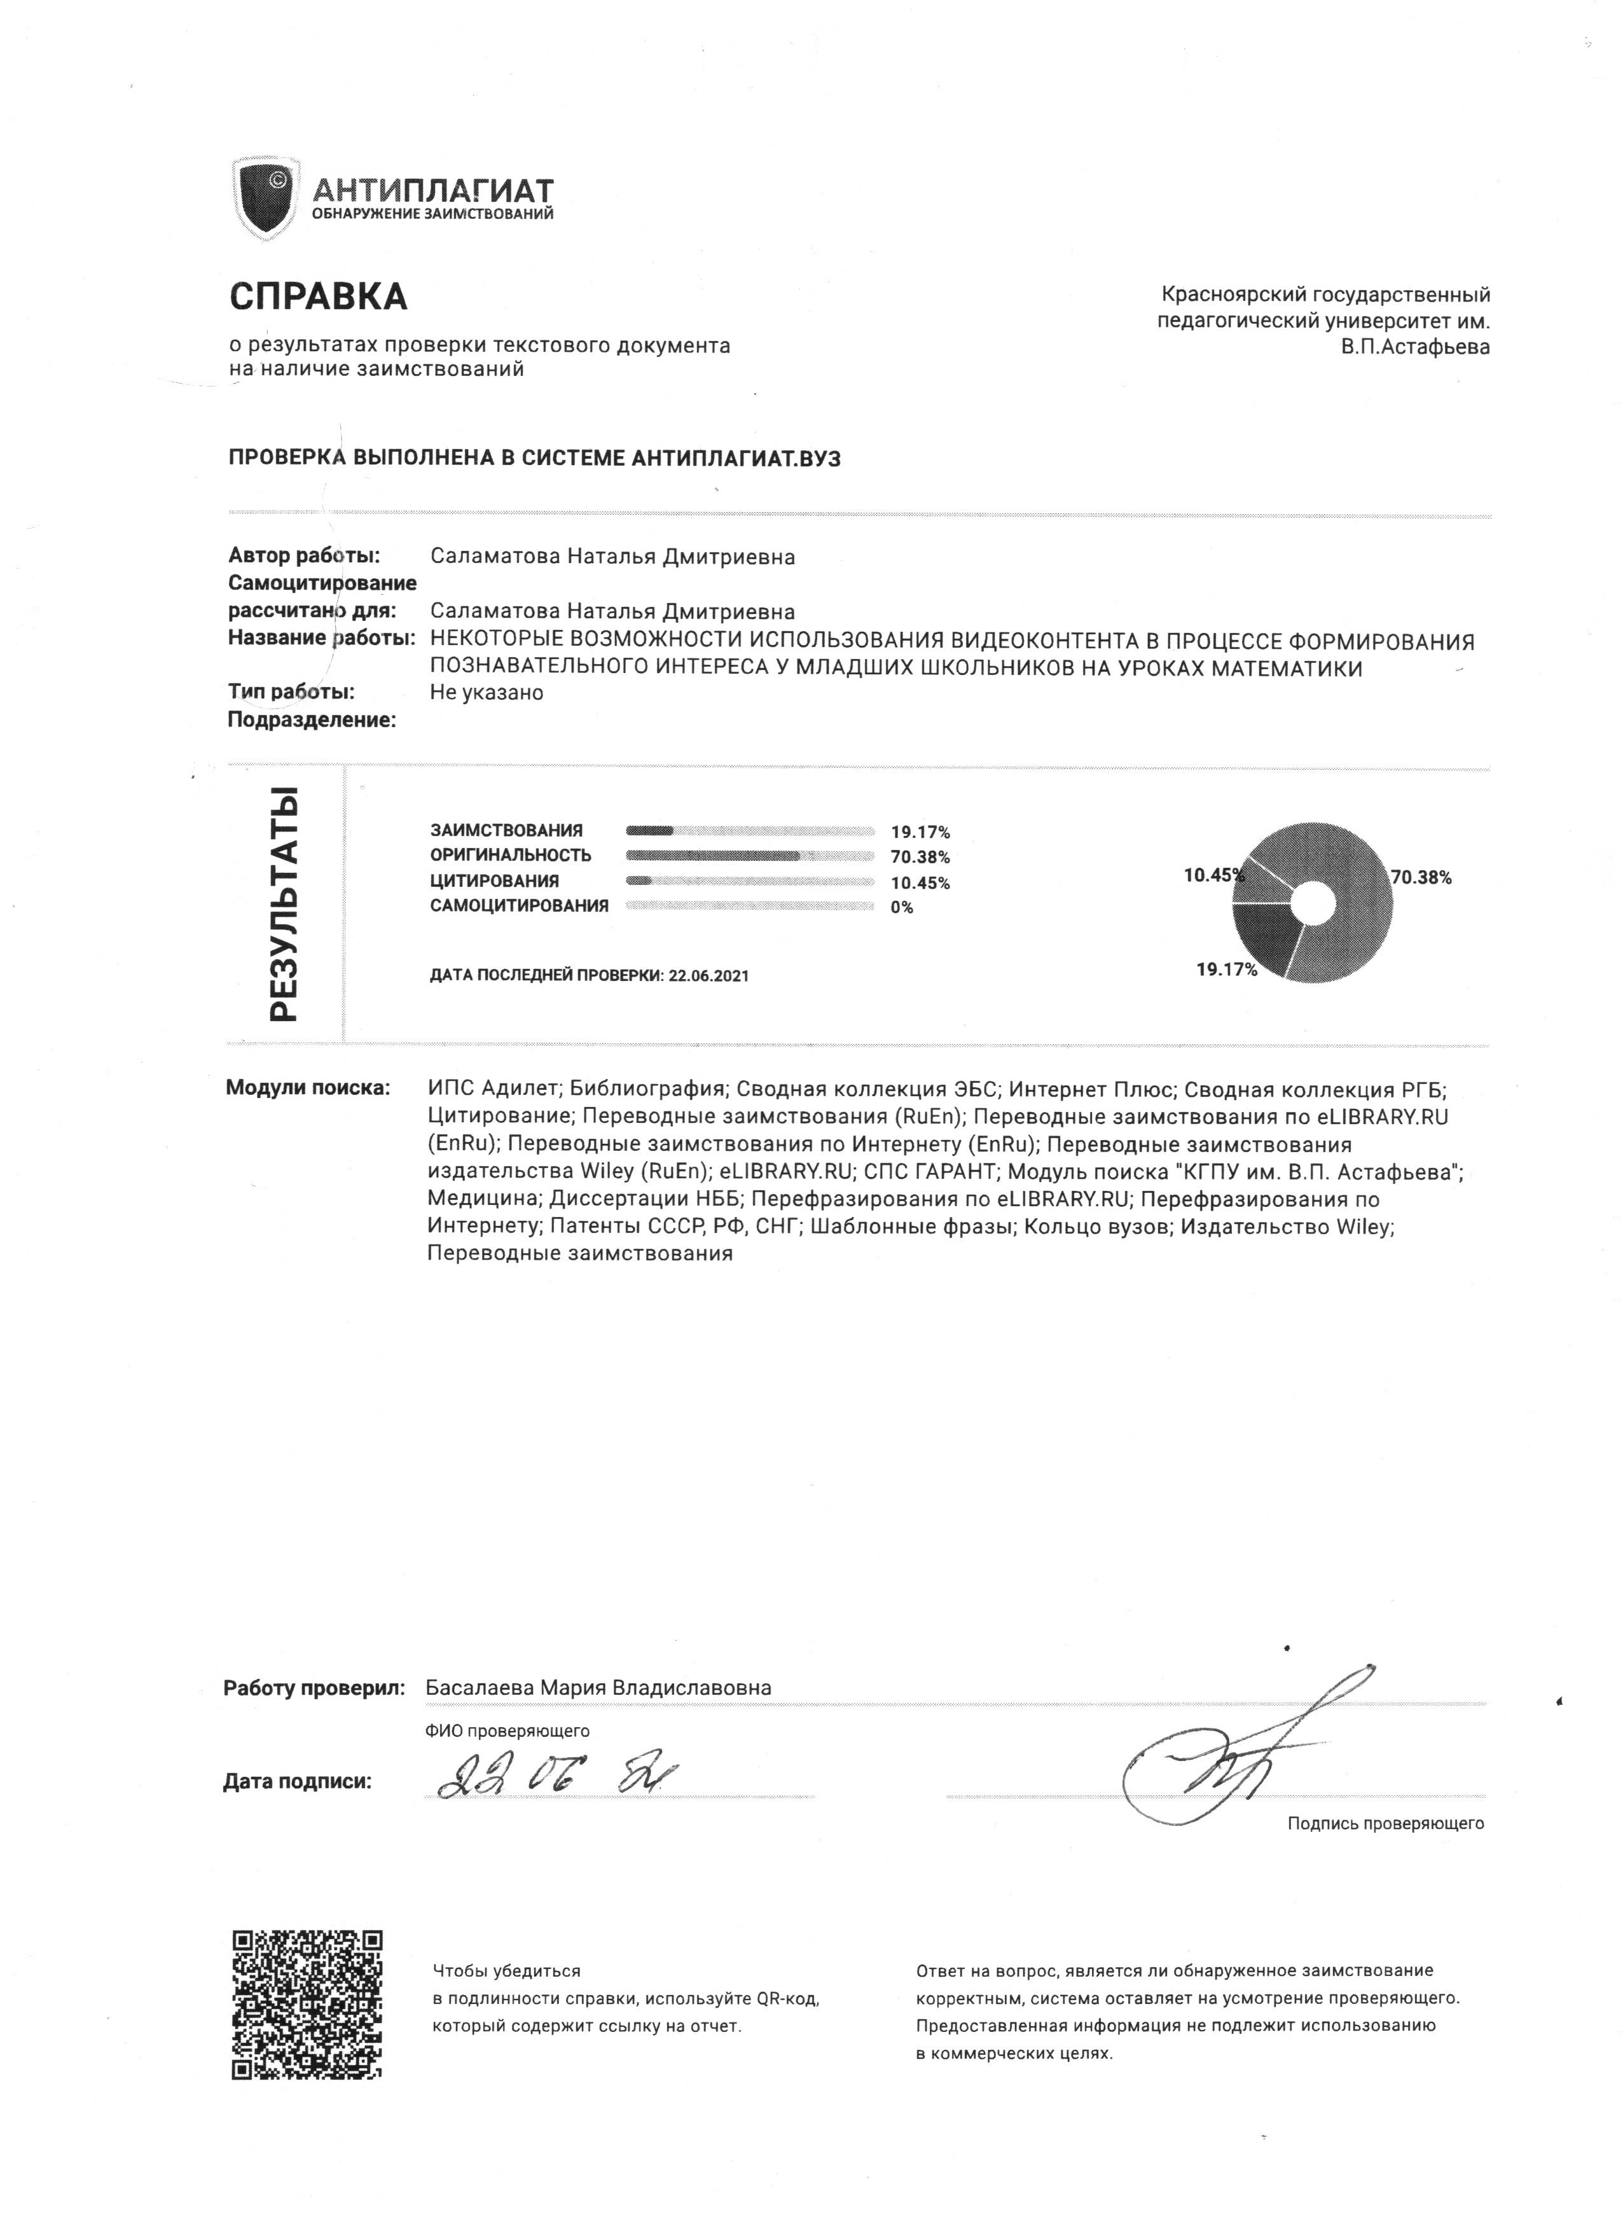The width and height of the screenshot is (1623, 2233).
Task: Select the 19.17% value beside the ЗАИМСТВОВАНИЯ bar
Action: [920, 832]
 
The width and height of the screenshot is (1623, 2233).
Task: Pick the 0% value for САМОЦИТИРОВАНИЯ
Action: [902, 908]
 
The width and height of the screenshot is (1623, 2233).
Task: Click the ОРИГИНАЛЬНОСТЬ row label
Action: [510, 856]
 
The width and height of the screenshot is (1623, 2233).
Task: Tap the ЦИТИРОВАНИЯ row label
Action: [494, 881]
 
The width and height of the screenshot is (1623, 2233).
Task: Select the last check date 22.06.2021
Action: [708, 976]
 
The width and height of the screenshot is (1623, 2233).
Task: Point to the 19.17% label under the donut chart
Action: [1226, 970]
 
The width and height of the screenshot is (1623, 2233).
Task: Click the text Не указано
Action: [487, 692]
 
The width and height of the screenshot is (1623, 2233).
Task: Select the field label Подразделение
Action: [311, 720]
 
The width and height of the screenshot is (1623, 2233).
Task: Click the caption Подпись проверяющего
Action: [1385, 1823]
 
